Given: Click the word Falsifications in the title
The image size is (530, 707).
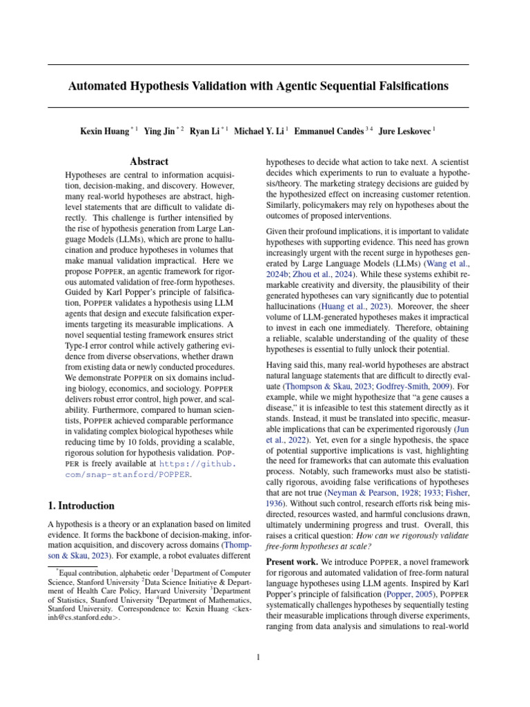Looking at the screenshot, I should click(x=408, y=86).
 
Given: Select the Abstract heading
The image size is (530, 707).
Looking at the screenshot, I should click(x=149, y=162).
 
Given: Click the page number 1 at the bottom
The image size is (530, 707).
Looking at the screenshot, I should click(x=258, y=657).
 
